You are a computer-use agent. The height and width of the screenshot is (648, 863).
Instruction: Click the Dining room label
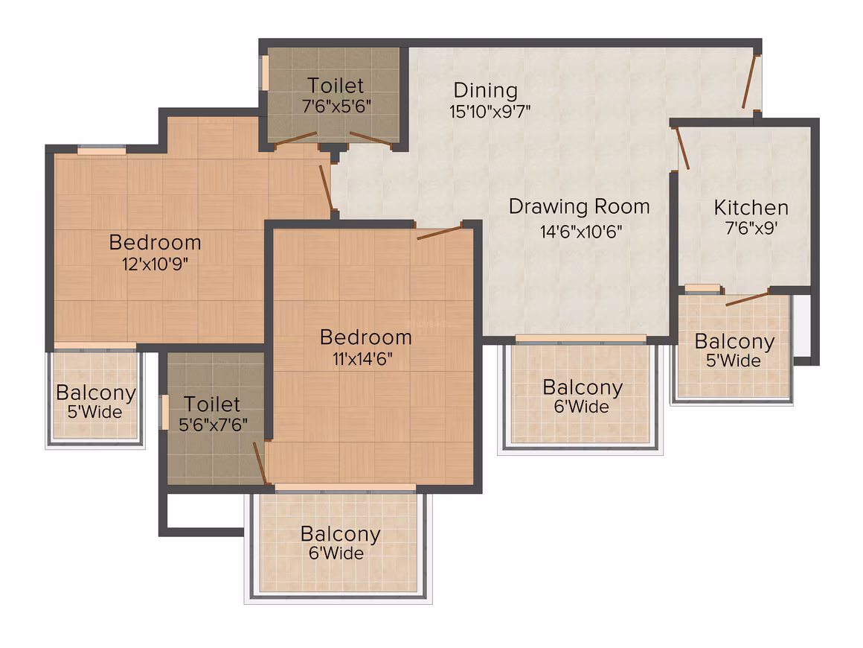[x=485, y=91]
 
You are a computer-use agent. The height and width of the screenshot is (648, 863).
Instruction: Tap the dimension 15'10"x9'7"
[x=490, y=112]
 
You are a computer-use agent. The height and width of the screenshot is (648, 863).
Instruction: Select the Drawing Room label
[x=579, y=207]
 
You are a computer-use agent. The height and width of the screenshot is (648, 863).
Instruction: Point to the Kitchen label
[x=751, y=208]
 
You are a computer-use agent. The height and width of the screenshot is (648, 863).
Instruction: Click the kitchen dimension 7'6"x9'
[x=751, y=228]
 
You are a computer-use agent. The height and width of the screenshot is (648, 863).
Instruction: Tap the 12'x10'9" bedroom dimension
[x=155, y=264]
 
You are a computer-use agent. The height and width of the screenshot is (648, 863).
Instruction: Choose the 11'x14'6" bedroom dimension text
[x=362, y=359]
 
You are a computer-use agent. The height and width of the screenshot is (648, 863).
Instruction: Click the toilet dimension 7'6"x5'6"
[x=336, y=106]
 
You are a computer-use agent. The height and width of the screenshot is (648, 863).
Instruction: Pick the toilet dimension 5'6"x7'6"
[x=213, y=425]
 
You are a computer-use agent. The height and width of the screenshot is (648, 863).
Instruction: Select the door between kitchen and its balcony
[x=747, y=299]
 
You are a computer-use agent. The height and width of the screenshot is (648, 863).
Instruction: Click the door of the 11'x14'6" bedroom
[x=439, y=232]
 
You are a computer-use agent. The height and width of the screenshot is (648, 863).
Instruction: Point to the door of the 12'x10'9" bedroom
[x=326, y=188]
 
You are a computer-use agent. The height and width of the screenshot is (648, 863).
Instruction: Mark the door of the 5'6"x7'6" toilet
[x=260, y=463]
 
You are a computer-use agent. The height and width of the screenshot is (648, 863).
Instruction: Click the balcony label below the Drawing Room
[x=583, y=387]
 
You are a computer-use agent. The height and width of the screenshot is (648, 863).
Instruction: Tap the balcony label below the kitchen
[x=734, y=342]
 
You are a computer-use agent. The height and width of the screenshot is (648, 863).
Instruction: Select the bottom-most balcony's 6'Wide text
[x=336, y=553]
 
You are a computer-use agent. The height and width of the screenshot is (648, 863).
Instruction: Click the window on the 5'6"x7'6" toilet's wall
[x=164, y=412]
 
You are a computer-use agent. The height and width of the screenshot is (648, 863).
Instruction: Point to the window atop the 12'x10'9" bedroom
[x=101, y=149]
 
